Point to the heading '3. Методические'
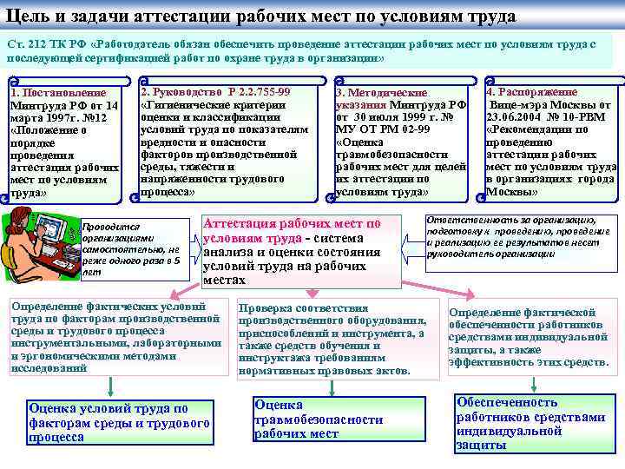[381, 93]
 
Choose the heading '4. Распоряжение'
[531, 92]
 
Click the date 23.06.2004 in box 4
[517, 116]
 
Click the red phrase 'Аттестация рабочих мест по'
[291, 223]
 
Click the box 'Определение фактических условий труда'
[115, 337]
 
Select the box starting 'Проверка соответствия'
[332, 339]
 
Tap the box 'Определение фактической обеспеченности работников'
[532, 337]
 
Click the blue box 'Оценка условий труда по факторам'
[118, 423]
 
